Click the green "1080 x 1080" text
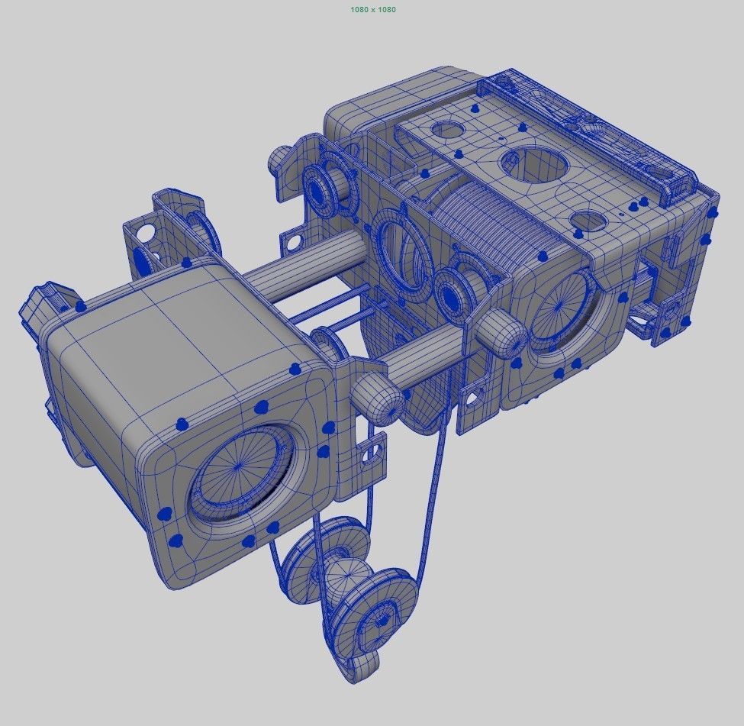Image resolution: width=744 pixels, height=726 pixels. click(372, 9)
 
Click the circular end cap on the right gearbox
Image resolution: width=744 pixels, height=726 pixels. click(565, 306)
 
